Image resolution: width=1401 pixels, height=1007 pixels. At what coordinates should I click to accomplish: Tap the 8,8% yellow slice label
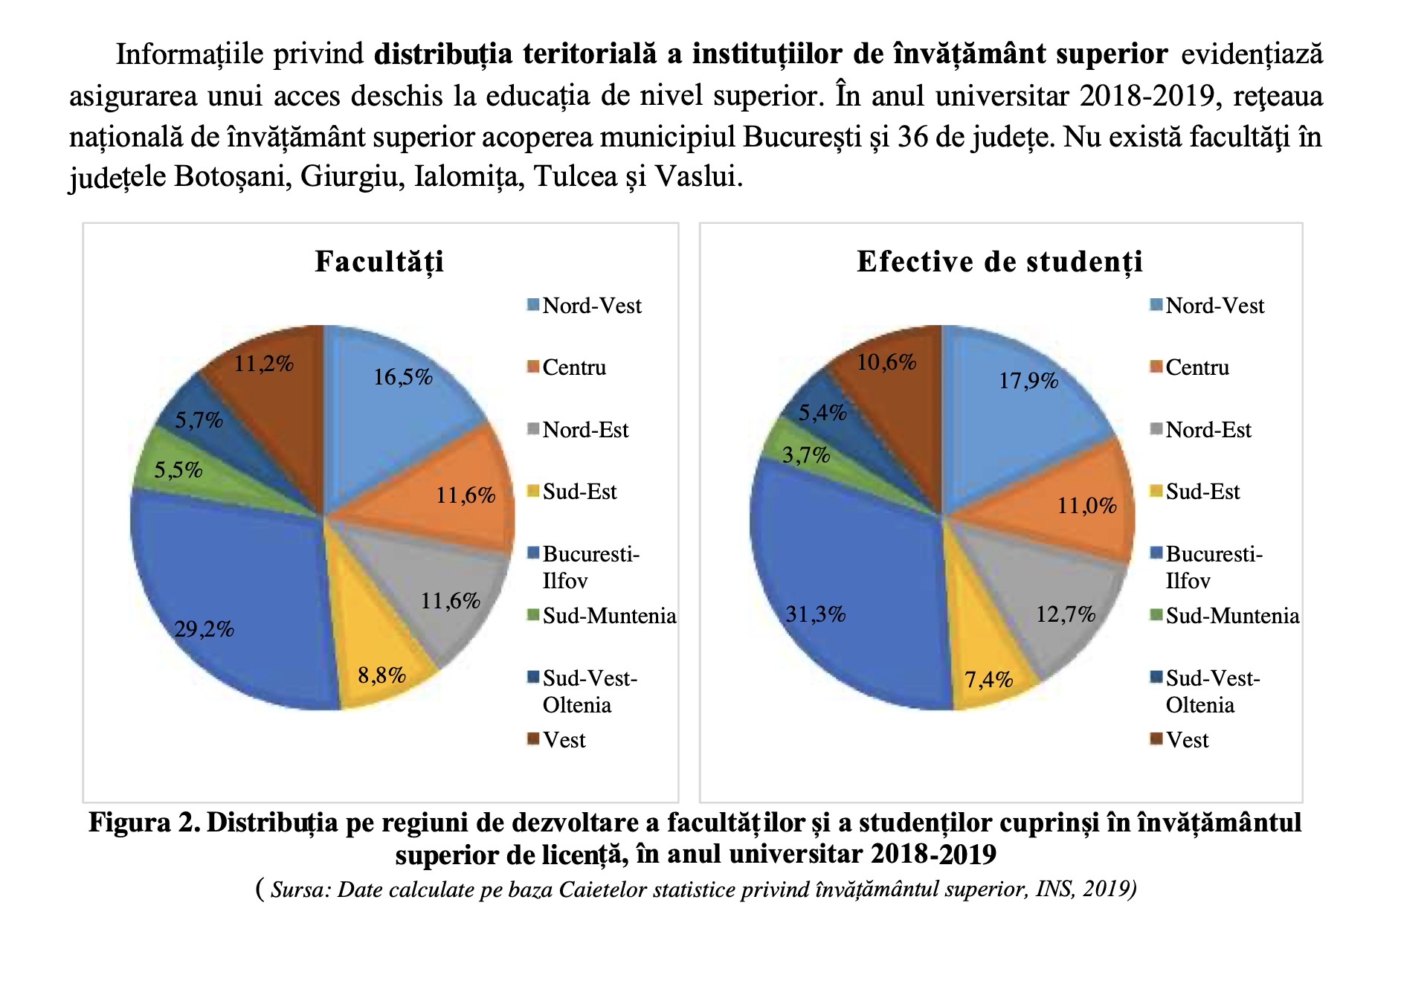[x=381, y=675]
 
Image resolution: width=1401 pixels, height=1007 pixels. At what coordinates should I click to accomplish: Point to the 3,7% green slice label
[x=806, y=454]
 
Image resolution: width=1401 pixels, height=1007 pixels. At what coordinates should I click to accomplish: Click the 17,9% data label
[x=1028, y=381]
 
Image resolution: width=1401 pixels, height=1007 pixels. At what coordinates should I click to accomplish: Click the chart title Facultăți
[x=379, y=262]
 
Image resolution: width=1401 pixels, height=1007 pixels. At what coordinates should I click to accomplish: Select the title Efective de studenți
[x=999, y=262]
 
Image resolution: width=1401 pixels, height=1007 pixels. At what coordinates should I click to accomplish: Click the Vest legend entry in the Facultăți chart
[x=564, y=740]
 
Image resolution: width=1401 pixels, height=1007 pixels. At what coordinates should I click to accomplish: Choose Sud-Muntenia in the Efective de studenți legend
[x=1231, y=616]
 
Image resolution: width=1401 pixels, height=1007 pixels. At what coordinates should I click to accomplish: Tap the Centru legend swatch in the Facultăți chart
[x=533, y=367]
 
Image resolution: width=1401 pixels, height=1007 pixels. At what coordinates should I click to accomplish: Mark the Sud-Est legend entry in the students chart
[x=1202, y=492]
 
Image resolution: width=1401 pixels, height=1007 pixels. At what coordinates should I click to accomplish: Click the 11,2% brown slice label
[x=263, y=364]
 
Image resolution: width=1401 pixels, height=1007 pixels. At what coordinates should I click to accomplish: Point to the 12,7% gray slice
[x=1066, y=614]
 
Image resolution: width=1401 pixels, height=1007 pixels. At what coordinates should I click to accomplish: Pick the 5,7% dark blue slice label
[x=199, y=420]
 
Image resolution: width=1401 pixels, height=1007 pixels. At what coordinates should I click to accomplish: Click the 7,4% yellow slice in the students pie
[x=988, y=679]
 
